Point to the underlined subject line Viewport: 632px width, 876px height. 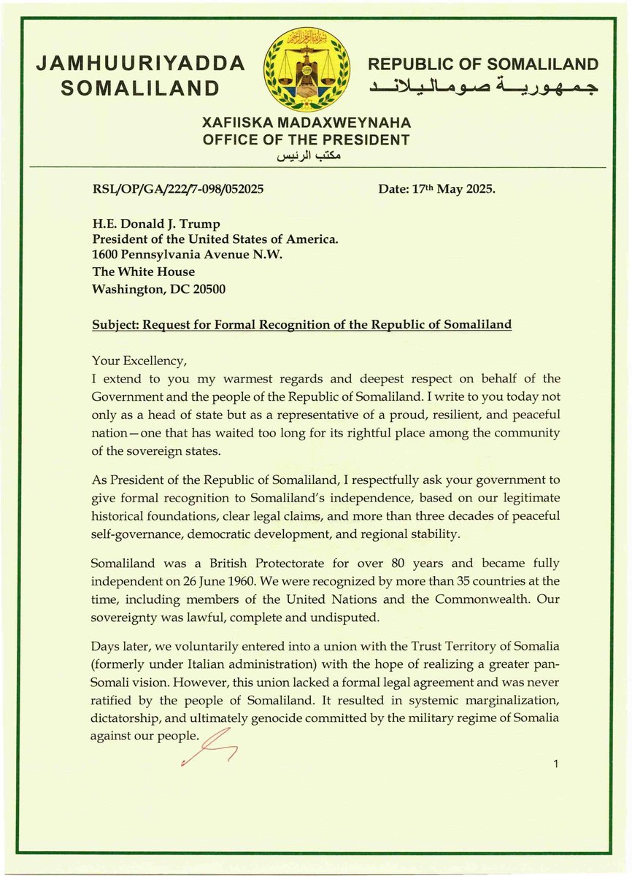(301, 322)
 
